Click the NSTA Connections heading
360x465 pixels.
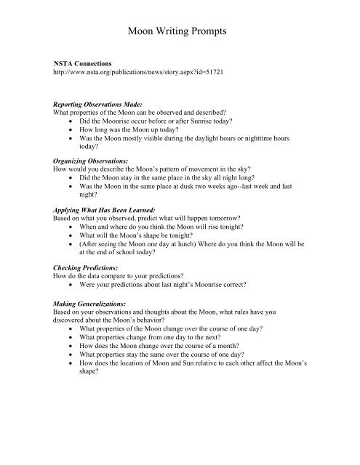click(x=77, y=65)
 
